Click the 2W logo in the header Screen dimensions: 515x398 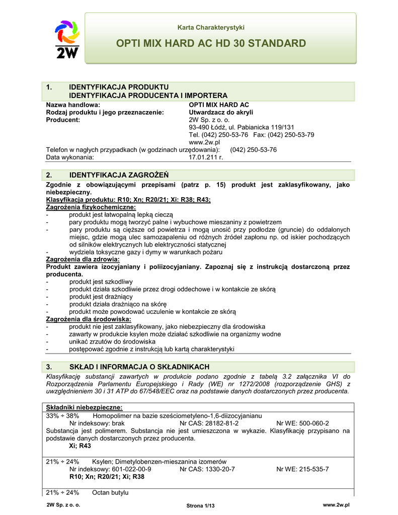click(66, 39)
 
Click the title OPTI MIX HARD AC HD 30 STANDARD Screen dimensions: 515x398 click(211, 43)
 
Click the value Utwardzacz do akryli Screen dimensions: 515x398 click(221, 112)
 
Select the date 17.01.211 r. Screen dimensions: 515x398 click(205, 157)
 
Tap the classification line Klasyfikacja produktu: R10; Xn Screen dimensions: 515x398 click(128, 200)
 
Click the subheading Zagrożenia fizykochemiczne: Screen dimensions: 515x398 click(91, 207)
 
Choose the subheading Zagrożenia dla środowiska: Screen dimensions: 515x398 click(89, 319)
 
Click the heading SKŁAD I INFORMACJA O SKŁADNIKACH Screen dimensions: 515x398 click(139, 367)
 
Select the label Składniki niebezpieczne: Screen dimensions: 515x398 click(85, 407)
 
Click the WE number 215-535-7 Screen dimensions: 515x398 click(302, 469)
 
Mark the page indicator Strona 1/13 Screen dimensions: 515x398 click(200, 505)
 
